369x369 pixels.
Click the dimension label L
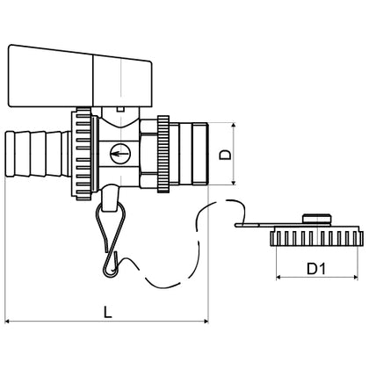[108, 312]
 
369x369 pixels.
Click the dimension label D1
[316, 268]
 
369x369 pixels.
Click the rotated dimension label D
[225, 155]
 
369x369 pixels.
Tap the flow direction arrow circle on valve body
[119, 153]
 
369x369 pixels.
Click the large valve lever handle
[80, 76]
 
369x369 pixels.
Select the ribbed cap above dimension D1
[315, 236]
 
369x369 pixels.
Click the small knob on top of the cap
[316, 219]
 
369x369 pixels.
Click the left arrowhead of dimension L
[8, 322]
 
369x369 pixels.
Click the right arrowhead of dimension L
[206, 322]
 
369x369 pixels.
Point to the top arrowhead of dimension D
[234, 126]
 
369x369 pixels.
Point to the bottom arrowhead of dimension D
[234, 182]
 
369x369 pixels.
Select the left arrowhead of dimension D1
[279, 277]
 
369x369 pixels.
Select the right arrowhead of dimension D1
[355, 277]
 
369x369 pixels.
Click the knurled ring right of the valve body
[163, 154]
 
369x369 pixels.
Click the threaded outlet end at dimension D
[193, 154]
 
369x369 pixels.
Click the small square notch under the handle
[120, 109]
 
